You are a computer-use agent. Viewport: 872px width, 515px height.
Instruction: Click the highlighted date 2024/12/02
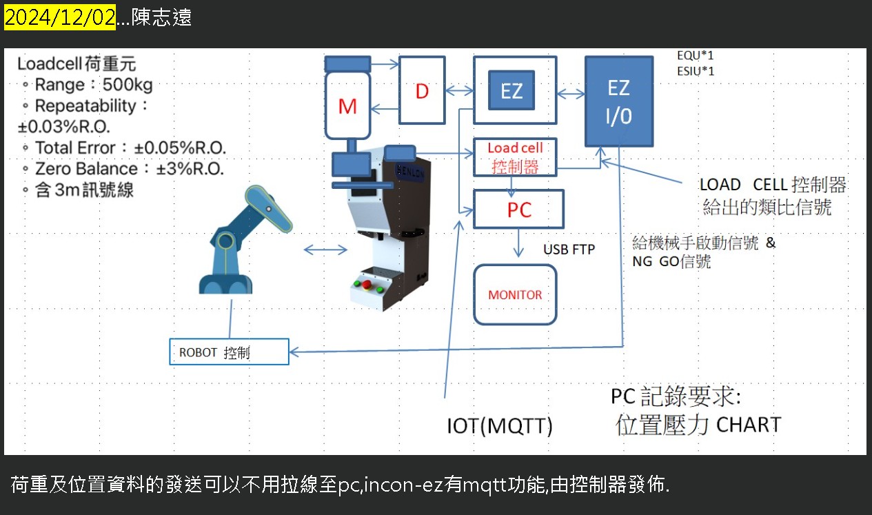pos(60,18)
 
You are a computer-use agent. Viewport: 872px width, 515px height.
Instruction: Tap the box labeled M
pos(348,106)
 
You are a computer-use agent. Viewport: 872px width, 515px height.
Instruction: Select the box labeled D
pos(422,90)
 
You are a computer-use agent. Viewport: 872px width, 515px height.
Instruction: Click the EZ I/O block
pos(618,101)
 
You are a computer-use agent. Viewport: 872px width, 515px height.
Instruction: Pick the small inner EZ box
pos(511,90)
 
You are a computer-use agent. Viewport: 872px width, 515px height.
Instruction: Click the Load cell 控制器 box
pos(515,157)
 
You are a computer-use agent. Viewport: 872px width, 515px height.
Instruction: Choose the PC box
pos(518,209)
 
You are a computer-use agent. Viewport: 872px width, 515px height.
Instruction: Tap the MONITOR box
pos(515,294)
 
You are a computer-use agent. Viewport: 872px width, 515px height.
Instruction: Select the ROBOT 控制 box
pos(228,352)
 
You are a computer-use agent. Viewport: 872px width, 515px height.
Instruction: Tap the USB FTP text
pos(569,250)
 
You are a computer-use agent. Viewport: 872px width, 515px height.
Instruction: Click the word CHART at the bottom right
pos(749,425)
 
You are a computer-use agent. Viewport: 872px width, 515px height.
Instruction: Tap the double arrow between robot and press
pos(325,250)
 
